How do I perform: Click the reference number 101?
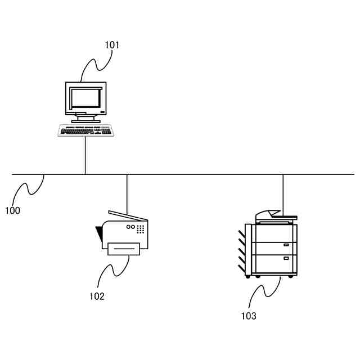(x=112, y=44)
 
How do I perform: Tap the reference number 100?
(x=12, y=211)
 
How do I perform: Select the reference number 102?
(x=97, y=296)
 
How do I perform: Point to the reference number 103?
(x=248, y=316)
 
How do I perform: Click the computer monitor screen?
(x=84, y=99)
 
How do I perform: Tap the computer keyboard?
(x=85, y=130)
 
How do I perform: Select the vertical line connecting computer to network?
(x=85, y=155)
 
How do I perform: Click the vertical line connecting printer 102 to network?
(x=127, y=194)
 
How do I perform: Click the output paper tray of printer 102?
(x=123, y=248)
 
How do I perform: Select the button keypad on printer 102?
(x=141, y=229)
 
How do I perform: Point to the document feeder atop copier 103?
(x=275, y=215)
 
